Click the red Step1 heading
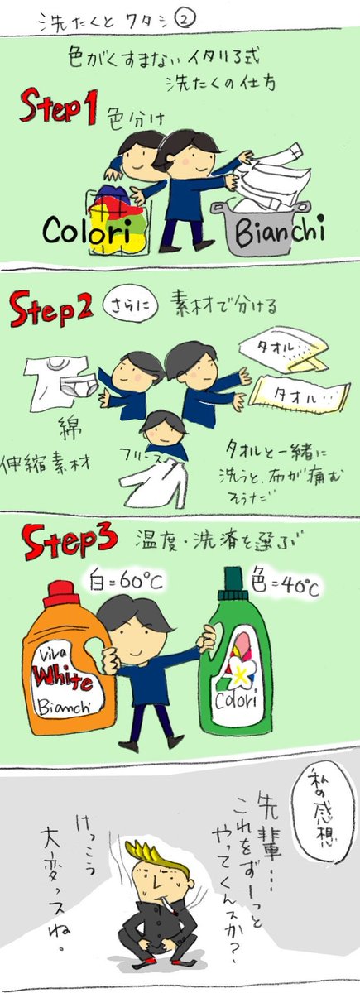[57, 109]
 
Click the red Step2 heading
[50, 312]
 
